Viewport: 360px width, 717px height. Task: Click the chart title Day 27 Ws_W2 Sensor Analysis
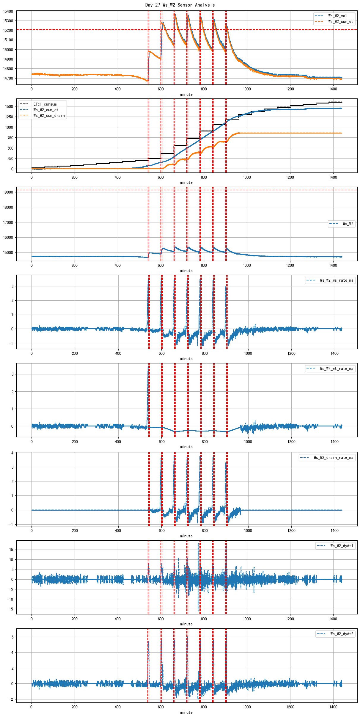click(x=180, y=5)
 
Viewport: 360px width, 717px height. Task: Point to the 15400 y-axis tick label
click(x=8, y=11)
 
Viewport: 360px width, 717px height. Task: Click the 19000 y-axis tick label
click(x=8, y=192)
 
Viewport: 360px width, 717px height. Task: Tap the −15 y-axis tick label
click(x=10, y=609)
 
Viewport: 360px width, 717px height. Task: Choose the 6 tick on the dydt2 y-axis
click(x=12, y=637)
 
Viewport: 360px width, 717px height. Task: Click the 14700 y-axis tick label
click(x=8, y=78)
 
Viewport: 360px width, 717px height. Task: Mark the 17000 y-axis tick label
click(x=8, y=222)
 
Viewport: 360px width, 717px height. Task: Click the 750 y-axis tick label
click(x=10, y=138)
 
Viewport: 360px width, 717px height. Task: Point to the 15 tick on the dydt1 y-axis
click(x=11, y=550)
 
